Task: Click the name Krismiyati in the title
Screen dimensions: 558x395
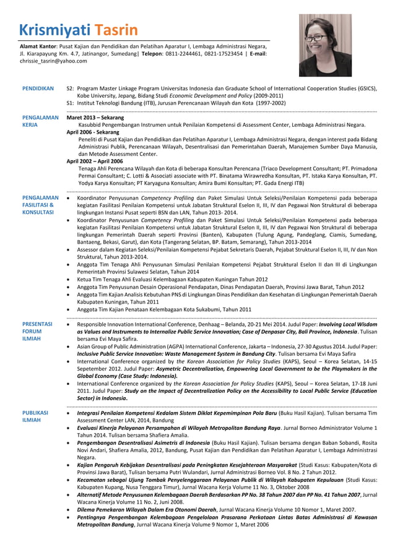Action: point(54,30)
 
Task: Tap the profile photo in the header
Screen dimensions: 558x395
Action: point(325,45)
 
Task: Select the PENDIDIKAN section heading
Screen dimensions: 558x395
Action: point(38,88)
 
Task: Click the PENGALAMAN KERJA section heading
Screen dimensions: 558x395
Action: point(40,121)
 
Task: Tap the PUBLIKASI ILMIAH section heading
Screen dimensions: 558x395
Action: point(35,415)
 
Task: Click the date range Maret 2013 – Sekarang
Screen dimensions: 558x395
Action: point(95,117)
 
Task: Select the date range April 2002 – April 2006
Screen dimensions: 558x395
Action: point(95,161)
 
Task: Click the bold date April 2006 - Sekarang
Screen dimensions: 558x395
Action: point(92,132)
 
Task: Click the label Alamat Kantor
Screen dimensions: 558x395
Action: point(38,46)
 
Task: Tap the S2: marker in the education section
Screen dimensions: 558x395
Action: point(71,88)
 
